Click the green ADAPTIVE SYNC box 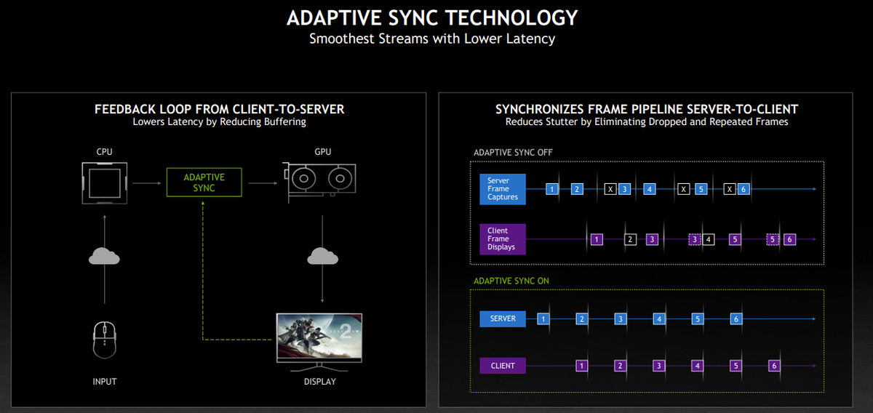click(x=204, y=183)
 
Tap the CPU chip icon click(x=105, y=183)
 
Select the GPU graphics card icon click(x=319, y=182)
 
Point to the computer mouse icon click(x=105, y=340)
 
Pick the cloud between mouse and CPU click(x=105, y=256)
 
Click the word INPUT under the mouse click(x=105, y=382)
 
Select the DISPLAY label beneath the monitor click(x=319, y=382)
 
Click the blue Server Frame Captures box click(x=503, y=189)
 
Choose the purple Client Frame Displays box click(x=503, y=239)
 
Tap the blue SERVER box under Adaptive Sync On click(x=503, y=318)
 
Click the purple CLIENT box click(x=503, y=366)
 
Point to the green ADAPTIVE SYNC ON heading click(x=507, y=281)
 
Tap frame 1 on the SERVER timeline click(x=543, y=318)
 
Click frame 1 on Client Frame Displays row click(x=597, y=239)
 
